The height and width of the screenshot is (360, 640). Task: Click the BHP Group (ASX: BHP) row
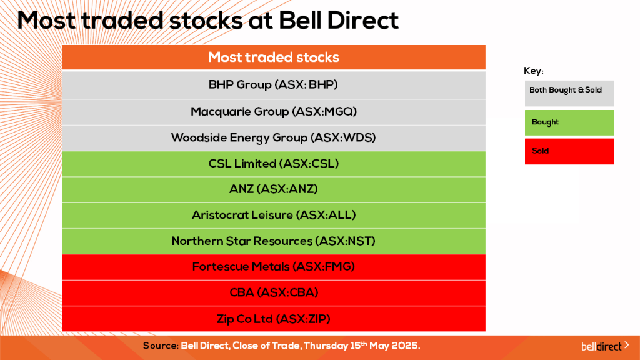(x=274, y=84)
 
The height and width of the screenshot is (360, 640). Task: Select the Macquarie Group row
(x=274, y=112)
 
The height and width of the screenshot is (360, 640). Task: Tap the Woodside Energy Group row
(x=274, y=137)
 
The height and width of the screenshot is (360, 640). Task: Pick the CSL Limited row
(x=274, y=164)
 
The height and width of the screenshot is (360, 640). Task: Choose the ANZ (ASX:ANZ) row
(x=274, y=189)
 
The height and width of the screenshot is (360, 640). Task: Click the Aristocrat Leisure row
(x=274, y=215)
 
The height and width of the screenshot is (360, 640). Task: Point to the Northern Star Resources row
(x=274, y=241)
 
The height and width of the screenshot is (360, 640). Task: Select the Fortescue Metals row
(x=274, y=267)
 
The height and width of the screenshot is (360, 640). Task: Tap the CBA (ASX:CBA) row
(x=274, y=292)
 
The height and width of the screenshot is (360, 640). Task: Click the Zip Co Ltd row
(x=274, y=319)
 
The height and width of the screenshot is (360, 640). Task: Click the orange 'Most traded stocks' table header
(x=274, y=57)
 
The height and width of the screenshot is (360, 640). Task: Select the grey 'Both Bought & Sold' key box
(x=569, y=92)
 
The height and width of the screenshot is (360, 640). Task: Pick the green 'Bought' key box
(x=569, y=122)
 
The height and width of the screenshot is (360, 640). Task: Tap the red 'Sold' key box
(x=569, y=151)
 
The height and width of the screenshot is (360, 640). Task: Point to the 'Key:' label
(x=534, y=71)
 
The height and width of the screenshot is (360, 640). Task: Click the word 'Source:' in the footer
(x=161, y=346)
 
